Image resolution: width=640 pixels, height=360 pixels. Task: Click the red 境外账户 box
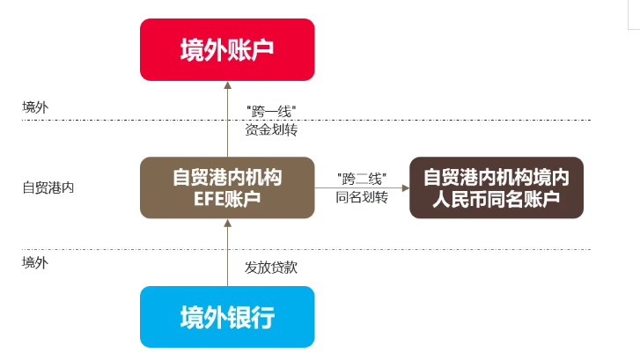point(227,48)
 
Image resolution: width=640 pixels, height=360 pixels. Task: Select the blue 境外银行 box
point(227,316)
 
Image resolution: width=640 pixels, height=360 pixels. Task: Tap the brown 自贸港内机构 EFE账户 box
point(227,187)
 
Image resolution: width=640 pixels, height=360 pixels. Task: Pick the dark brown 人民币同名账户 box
point(497,187)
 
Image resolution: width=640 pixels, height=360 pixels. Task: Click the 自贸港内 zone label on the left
point(48,187)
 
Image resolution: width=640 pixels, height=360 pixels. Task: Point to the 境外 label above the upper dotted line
point(34,107)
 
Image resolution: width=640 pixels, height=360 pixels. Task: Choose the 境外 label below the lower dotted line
point(34,261)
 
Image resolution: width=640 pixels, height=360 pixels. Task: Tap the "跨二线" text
point(362,178)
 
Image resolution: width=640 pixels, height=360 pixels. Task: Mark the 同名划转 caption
point(362,197)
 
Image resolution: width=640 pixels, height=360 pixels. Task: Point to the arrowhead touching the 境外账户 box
point(227,84)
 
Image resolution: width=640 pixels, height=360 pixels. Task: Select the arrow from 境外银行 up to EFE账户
point(227,255)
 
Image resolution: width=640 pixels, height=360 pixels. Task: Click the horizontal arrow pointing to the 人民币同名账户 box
point(379,187)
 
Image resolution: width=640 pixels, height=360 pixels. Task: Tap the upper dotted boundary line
point(440,121)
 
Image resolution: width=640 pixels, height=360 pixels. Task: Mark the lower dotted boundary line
point(440,249)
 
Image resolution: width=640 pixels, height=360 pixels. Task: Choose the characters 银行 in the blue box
point(251,317)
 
